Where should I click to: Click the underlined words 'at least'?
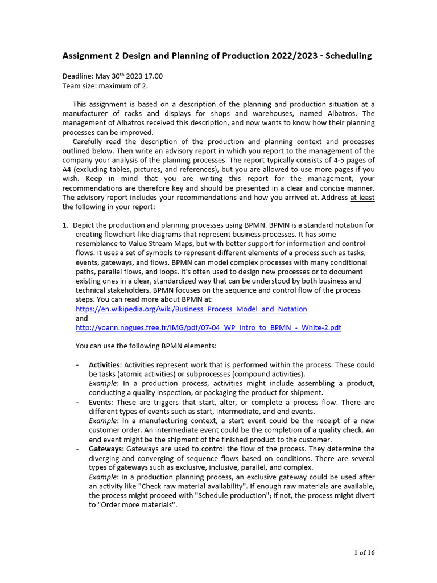362,198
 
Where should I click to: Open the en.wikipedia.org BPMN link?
191,309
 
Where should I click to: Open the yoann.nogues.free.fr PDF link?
208,328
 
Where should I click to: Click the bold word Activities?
105,365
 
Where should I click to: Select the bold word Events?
101,403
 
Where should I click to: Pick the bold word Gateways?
105,449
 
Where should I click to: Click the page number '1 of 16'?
364,552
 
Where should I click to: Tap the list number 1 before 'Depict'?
65,225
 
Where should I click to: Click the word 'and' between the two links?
81,319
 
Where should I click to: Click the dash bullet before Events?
77,403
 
